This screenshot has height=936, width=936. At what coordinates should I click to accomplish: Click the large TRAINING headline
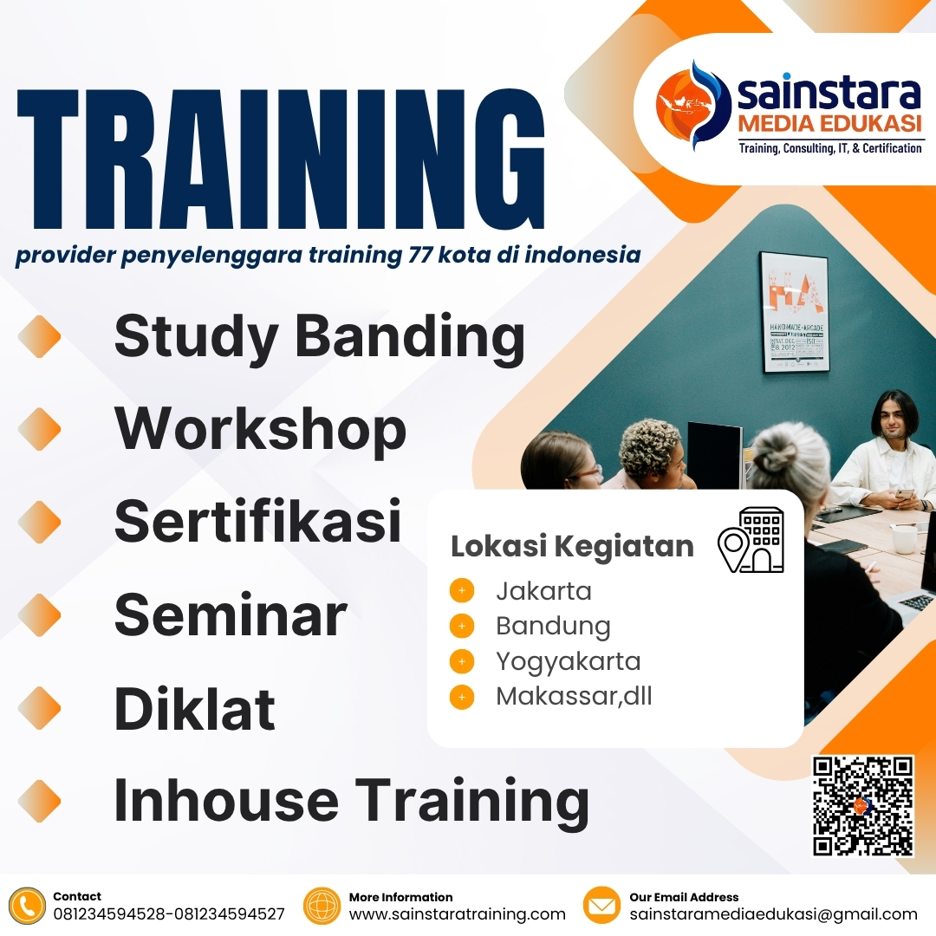pyautogui.click(x=282, y=159)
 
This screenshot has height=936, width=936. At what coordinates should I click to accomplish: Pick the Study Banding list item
pyautogui.click(x=319, y=336)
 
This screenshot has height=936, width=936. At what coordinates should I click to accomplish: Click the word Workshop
pyautogui.click(x=260, y=429)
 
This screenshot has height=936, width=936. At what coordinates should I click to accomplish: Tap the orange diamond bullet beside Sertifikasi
pyautogui.click(x=40, y=523)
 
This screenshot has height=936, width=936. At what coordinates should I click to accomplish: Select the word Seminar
pyautogui.click(x=231, y=616)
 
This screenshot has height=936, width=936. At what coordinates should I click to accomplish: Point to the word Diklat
pyautogui.click(x=194, y=709)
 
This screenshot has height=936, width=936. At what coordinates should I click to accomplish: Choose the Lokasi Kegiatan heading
pyautogui.click(x=572, y=547)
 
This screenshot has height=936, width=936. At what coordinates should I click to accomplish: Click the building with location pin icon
pyautogui.click(x=751, y=540)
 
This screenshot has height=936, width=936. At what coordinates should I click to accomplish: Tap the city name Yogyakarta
pyautogui.click(x=568, y=661)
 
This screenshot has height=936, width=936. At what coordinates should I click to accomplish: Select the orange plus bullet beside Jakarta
pyautogui.click(x=462, y=592)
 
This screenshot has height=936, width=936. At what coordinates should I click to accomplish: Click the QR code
pyautogui.click(x=863, y=806)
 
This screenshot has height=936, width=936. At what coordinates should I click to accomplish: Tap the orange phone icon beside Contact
pyautogui.click(x=28, y=907)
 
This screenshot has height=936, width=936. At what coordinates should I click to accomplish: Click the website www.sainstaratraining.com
pyautogui.click(x=457, y=914)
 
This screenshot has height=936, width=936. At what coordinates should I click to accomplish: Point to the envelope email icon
pyautogui.click(x=601, y=907)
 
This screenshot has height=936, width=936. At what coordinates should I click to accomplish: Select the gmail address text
pyautogui.click(x=773, y=914)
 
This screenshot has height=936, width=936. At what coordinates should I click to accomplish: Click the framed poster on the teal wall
pyautogui.click(x=794, y=312)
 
